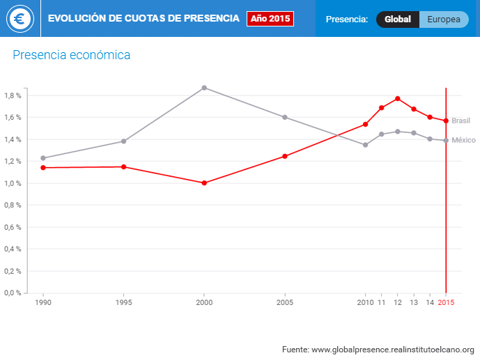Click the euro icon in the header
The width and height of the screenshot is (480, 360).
tap(20, 19)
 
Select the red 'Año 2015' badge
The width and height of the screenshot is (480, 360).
tap(270, 19)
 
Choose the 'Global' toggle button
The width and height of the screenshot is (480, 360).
tap(398, 19)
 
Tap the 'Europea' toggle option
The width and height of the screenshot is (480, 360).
tap(444, 19)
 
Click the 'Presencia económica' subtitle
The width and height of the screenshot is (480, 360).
tap(71, 54)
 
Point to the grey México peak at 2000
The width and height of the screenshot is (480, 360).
tap(204, 88)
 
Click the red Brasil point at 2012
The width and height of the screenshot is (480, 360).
tap(398, 98)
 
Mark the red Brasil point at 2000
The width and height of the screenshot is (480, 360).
tap(204, 183)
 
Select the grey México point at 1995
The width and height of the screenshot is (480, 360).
tap(124, 141)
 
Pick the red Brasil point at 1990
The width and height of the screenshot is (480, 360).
tap(43, 168)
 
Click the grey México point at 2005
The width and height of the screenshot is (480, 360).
tap(285, 117)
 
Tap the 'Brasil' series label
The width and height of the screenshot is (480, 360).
tap(460, 120)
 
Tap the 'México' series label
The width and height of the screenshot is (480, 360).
tap(463, 140)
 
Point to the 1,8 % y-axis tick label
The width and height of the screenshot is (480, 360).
tap(13, 95)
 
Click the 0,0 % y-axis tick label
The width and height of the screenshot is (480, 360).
tap(13, 292)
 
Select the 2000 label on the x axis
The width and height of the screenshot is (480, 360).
tap(204, 303)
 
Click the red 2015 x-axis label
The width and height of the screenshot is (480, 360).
tap(446, 303)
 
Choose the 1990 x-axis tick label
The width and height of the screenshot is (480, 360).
tap(43, 303)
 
